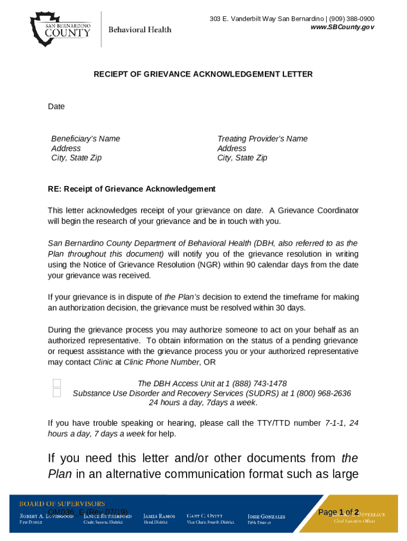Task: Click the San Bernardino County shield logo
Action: (61, 29)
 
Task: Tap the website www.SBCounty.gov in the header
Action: (344, 27)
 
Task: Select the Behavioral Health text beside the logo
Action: (140, 30)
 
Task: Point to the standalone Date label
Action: (56, 107)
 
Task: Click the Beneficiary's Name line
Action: (86, 139)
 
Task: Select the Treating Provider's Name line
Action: (262, 139)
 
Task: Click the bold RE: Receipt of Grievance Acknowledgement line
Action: (132, 189)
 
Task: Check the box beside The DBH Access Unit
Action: (57, 384)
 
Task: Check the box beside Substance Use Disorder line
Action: (57, 393)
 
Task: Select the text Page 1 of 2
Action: (339, 512)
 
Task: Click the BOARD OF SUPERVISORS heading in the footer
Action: (62, 503)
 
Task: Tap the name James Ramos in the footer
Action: (159, 516)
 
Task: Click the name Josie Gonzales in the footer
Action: (266, 516)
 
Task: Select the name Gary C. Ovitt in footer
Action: (205, 516)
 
